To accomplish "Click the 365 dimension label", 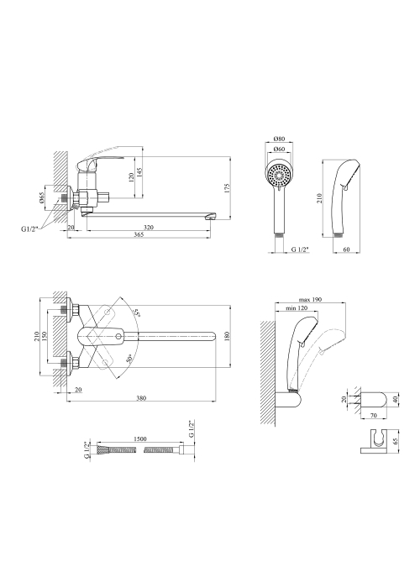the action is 139,234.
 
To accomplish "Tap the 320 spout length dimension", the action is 149,228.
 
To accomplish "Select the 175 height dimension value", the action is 227,188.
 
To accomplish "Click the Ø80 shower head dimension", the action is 280,139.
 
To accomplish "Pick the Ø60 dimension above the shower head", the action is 280,149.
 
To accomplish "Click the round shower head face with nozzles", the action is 280,176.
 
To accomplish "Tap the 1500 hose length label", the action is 139,438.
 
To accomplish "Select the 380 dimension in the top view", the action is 141,398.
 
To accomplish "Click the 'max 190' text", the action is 311,300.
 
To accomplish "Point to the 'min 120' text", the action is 297,308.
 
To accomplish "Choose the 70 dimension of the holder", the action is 373,416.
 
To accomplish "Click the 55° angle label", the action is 137,312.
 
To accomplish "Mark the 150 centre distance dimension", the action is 45,336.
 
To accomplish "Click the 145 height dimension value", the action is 139,174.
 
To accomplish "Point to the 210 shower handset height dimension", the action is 319,198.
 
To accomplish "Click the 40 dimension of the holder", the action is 395,400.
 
